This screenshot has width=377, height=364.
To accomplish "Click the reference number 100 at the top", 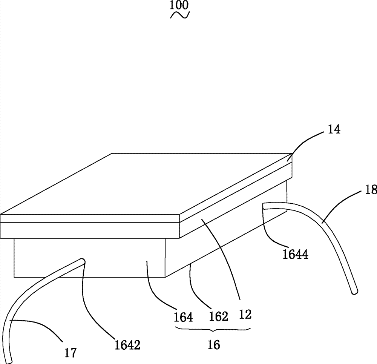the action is (179, 5).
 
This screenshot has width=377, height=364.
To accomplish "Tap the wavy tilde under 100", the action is (179, 15).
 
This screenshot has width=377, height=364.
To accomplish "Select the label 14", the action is (334, 129).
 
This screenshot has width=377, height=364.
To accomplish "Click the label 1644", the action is (295, 254).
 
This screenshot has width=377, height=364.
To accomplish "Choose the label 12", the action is (245, 315).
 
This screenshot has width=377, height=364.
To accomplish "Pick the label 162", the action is (218, 316).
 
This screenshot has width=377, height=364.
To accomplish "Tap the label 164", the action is (183, 317).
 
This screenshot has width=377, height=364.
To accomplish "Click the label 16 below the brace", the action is (213, 345).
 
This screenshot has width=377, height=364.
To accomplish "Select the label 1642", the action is (127, 345).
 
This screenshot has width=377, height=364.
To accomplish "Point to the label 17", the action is (70, 353).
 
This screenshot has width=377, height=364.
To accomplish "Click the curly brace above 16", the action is (213, 329).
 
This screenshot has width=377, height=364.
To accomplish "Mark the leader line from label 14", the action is (307, 141).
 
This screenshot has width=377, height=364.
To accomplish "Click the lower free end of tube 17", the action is (9, 361).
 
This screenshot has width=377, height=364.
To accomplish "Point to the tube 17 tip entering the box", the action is (82, 260).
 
